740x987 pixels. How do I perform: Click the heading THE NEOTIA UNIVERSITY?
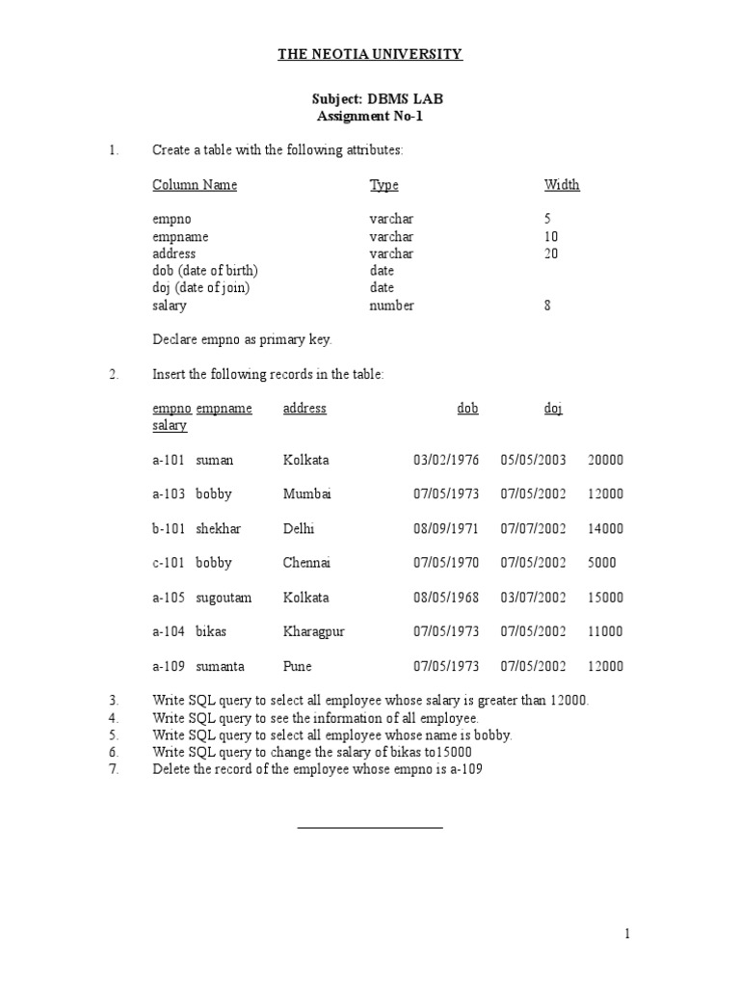pos(370,55)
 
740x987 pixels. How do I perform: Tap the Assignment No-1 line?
pos(369,117)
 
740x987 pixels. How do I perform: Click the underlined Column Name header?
pos(194,185)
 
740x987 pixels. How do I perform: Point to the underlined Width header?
pos(562,185)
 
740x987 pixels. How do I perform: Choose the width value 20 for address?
pos(551,253)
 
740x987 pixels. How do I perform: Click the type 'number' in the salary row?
pos(391,306)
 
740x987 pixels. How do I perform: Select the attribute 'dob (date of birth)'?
pos(205,271)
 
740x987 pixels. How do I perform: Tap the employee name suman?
pos(214,460)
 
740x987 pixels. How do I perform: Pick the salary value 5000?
pos(601,563)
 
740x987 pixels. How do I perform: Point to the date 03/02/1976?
pos(445,460)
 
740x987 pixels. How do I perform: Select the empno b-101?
pos(169,528)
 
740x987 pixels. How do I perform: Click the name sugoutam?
pos(224,598)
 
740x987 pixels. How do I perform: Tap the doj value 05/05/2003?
pos(533,460)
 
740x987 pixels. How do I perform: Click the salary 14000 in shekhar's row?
pos(605,528)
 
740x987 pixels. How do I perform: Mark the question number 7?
pos(113,769)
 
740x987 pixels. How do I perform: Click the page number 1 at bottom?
pos(626,933)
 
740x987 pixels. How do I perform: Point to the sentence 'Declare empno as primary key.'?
pos(242,339)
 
